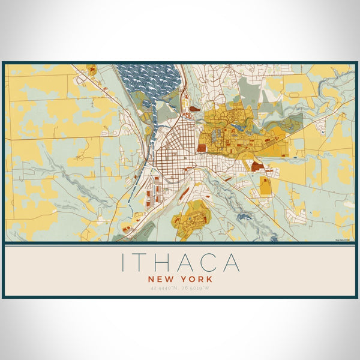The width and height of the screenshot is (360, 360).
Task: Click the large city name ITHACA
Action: pos(180,263)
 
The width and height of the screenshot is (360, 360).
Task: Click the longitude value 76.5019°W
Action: pos(196,289)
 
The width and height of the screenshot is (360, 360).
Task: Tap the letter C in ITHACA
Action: pos(207,263)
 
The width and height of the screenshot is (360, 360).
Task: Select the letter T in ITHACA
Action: pos(137,263)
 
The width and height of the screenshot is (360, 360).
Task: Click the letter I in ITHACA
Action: pos(123,263)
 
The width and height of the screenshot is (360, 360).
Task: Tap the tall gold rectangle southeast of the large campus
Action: pos(265,187)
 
